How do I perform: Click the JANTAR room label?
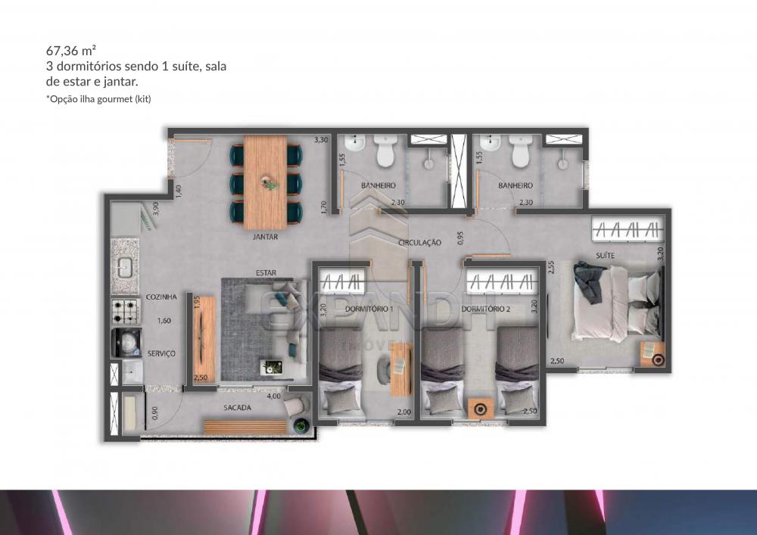tap(266, 237)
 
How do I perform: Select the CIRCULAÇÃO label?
tap(419, 243)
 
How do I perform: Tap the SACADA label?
tap(237, 408)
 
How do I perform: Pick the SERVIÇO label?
tap(162, 353)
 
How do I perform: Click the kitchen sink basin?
tap(125, 267)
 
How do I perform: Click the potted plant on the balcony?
tap(302, 425)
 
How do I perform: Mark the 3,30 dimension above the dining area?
tap(321, 140)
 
